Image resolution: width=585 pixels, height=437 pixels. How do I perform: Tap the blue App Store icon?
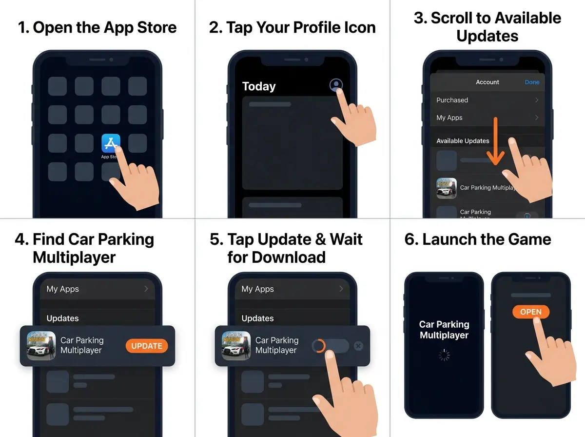click(111, 143)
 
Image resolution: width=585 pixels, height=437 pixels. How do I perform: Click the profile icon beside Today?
click(336, 85)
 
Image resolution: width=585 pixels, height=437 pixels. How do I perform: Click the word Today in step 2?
click(259, 86)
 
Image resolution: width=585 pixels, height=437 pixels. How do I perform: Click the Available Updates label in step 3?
click(463, 141)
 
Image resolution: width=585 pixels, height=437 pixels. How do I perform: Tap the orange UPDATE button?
click(146, 346)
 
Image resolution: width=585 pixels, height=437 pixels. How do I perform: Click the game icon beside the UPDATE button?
click(41, 346)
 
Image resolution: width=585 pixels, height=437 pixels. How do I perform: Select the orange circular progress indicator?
click(318, 346)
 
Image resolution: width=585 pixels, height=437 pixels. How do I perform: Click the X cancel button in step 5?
click(358, 346)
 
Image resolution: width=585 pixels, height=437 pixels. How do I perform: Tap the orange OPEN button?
click(530, 312)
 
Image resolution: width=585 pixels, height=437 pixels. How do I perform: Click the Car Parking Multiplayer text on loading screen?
click(444, 330)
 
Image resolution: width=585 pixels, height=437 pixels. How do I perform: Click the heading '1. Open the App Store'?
click(97, 27)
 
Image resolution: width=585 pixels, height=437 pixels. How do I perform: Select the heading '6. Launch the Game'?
click(478, 239)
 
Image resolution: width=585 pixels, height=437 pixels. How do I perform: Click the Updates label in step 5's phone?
click(257, 318)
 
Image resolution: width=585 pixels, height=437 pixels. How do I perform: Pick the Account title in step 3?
click(487, 82)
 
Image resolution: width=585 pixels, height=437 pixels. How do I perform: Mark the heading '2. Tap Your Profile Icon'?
click(292, 27)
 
